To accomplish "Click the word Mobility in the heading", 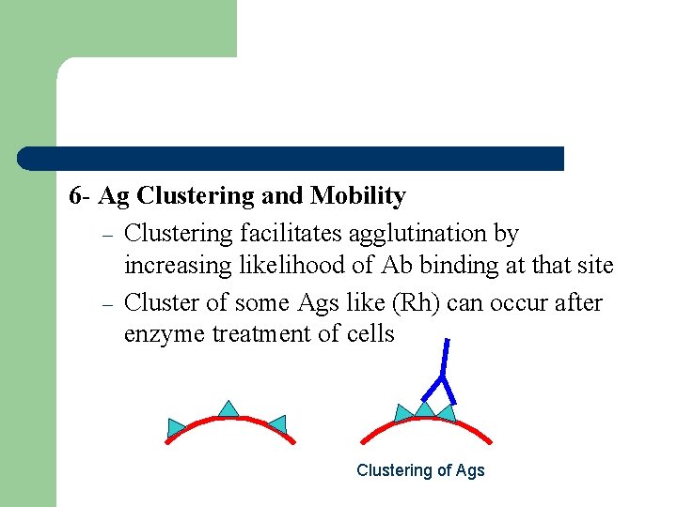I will pos(358,196).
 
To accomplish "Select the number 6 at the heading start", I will pos(75,196).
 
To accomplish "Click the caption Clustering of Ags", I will pos(420,470).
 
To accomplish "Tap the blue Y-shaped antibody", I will pos(442,371).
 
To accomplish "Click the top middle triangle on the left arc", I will pos(228,407).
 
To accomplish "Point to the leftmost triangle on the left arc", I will pos(177,427).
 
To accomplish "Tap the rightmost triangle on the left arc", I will pos(276,423).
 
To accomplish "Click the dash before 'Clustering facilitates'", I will pos(107,234).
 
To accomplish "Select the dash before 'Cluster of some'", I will pos(107,304).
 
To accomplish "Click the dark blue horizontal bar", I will pos(291,158).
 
